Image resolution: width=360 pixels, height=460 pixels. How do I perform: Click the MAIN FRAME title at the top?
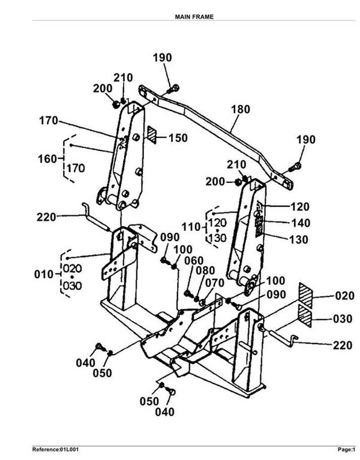tap(194, 17)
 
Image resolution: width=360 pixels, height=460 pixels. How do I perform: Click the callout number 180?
tap(241, 109)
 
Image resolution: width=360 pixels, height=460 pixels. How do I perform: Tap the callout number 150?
tap(178, 138)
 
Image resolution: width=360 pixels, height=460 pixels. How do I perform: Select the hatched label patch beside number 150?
tap(152, 135)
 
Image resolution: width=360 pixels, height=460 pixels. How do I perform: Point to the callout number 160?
tap(47, 159)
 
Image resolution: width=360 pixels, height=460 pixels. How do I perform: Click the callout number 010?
tap(44, 275)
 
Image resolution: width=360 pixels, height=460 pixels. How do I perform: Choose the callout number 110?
tap(191, 227)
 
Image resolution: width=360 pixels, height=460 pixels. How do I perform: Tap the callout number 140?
tap(301, 223)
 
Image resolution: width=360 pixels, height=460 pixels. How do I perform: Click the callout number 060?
tap(194, 261)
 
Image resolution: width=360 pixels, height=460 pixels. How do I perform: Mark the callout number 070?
tap(214, 283)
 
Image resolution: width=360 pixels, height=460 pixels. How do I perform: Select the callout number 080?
tap(205, 270)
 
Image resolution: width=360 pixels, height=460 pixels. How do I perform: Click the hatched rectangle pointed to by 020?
tap(305, 296)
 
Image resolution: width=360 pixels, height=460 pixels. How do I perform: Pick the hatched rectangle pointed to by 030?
tap(305, 315)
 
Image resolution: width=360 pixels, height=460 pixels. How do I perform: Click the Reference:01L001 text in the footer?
tap(55, 449)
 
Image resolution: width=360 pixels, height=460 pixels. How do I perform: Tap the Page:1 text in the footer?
tap(347, 449)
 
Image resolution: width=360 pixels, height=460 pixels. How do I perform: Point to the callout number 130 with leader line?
tap(299, 240)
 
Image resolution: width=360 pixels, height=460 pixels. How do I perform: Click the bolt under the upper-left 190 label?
tap(173, 89)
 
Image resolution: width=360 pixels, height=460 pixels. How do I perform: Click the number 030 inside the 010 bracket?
tap(73, 285)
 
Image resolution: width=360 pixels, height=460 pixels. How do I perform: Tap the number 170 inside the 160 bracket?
tap(76, 169)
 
